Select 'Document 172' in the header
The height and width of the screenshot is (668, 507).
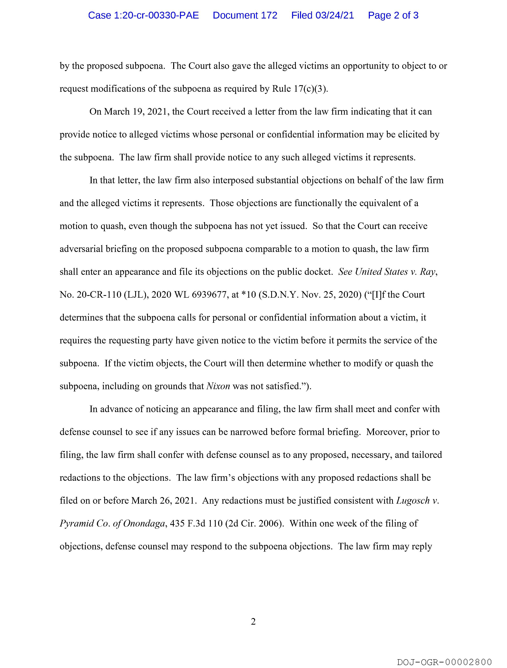pos(245,15)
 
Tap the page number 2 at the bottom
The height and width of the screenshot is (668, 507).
pos(253,621)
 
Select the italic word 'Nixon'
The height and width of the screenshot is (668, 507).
pos(218,386)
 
